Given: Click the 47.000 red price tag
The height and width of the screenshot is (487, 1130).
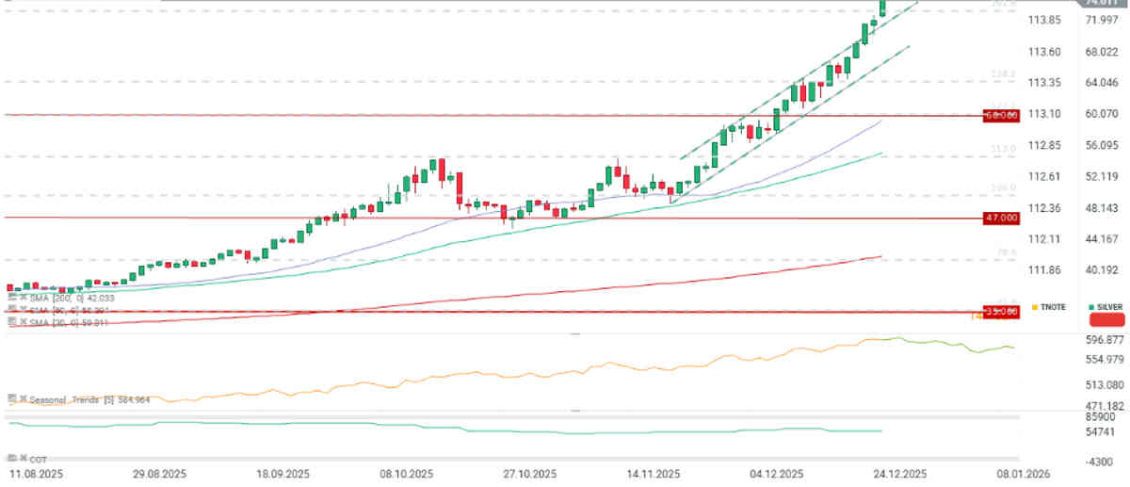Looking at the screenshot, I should pos(1002,218).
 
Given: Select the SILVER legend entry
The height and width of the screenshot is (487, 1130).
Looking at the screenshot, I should pos(1106,307).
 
